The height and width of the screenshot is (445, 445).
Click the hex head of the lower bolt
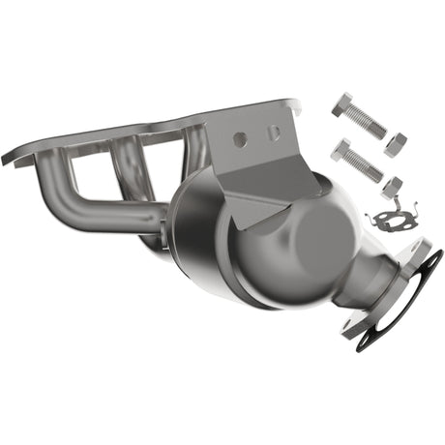[x=341, y=147]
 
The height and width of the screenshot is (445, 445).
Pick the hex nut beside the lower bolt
[x=392, y=185]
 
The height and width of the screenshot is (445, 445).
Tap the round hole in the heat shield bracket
[x=240, y=140]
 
